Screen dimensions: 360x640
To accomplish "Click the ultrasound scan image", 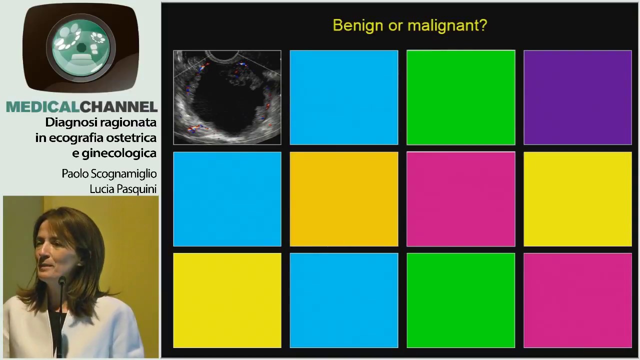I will (227, 97).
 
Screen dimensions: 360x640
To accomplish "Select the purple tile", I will (577, 97).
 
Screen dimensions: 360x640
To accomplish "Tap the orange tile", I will (344, 199).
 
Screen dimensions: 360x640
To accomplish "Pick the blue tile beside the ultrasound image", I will (344, 97).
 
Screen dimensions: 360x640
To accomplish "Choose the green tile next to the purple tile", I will (460, 97).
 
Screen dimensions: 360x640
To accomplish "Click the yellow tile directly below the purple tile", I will (577, 199).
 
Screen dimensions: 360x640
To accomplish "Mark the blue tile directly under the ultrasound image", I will (227, 199).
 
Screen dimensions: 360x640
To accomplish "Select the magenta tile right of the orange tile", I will (460, 199).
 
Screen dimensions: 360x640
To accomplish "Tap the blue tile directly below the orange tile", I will (344, 300).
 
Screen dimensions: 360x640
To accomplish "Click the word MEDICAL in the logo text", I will (42, 107).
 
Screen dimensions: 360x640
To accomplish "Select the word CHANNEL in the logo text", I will (119, 107).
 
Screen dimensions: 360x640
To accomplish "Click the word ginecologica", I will (119, 153).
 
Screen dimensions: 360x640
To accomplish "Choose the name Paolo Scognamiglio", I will (109, 174).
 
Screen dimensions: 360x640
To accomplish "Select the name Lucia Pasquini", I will (123, 189).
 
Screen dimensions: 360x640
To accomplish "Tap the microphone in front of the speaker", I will (62, 283).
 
